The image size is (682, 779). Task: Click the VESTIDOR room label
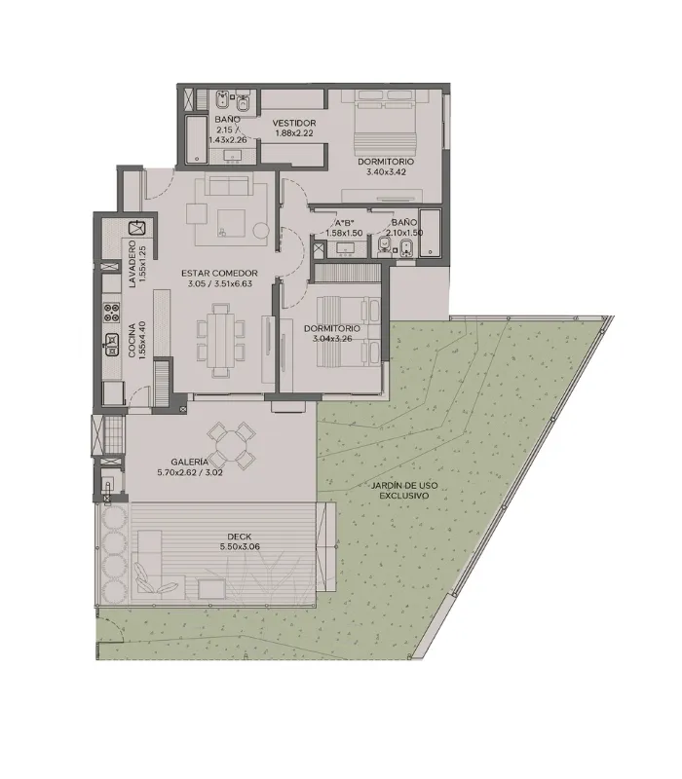294,123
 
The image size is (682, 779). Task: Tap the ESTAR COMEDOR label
219,274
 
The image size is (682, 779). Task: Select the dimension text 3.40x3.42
386,172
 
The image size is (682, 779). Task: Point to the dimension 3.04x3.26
331,339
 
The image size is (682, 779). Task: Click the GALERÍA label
189,462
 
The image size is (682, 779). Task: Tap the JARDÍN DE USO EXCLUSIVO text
404,491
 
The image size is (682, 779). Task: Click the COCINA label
132,341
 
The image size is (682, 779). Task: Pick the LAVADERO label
132,264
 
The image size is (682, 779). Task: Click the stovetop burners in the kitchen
111,312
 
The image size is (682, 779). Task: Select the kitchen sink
111,345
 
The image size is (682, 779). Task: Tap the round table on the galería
231,446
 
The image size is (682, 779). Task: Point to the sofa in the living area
229,185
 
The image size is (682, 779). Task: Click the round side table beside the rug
260,231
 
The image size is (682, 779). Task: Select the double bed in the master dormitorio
385,120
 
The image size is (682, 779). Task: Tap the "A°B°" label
344,223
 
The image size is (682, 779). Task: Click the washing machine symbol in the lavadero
136,228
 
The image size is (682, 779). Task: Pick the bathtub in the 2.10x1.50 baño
430,233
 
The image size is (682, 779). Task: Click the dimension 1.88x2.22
294,132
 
